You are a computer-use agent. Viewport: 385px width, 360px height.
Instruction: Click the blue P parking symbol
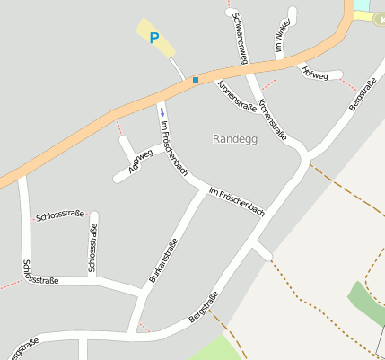coord(153,38)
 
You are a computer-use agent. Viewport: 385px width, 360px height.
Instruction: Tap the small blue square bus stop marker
coord(195,80)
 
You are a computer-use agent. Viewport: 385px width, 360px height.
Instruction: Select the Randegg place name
coord(235,138)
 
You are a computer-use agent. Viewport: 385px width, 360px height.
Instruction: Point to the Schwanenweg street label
coord(239,38)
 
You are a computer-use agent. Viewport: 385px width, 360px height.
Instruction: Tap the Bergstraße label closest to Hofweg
coord(363,93)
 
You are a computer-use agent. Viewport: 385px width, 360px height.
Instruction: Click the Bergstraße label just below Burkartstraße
coord(204,309)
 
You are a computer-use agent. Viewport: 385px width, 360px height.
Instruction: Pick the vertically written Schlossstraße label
coord(92,248)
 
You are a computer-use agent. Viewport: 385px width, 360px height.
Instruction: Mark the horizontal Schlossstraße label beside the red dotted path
coord(60,214)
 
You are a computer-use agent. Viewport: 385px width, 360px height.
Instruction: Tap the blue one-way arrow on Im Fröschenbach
coord(162,111)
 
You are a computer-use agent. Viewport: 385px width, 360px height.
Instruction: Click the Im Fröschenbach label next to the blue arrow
coord(174,146)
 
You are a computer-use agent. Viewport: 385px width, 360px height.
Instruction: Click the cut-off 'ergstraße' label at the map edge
coord(20,347)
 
